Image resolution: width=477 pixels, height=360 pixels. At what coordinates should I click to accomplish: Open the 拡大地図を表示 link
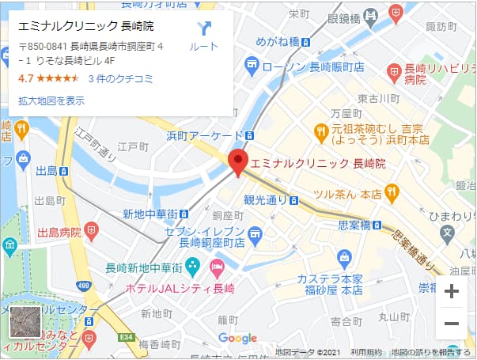[x=51, y=100]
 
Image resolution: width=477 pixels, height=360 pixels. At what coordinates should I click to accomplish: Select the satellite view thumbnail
[x=25, y=324]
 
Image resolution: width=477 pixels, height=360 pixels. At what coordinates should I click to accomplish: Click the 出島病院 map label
[x=59, y=233]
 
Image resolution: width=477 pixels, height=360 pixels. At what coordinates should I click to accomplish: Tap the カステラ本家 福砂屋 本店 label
[x=330, y=285]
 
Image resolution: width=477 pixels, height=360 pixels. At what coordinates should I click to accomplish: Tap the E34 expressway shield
[x=124, y=338]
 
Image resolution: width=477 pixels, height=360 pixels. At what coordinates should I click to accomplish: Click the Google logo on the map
[x=237, y=339]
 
